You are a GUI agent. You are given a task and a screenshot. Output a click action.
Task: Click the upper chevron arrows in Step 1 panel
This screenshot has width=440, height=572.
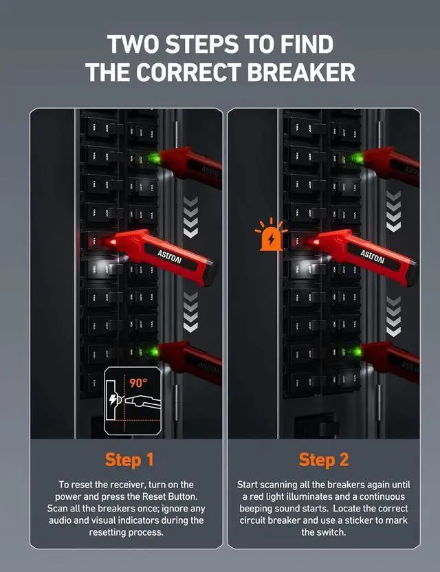click(x=192, y=209)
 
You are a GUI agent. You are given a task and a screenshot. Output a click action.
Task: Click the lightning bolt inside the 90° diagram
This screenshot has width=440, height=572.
click(x=113, y=401)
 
